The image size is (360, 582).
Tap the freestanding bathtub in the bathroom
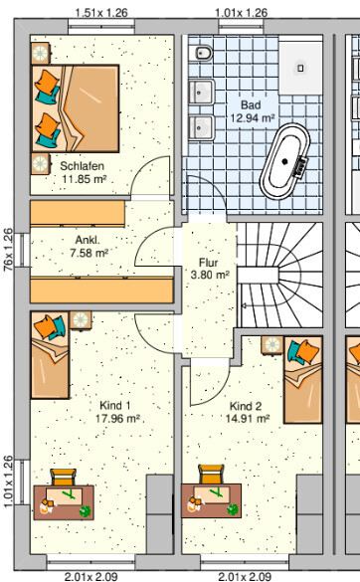click(x=285, y=161)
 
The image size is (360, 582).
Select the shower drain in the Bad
click(x=300, y=68)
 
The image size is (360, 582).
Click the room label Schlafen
click(x=82, y=166)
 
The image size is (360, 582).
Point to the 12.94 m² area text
click(x=253, y=118)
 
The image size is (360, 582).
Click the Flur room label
click(x=208, y=263)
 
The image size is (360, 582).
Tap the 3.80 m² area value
click(x=210, y=275)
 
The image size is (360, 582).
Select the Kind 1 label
click(x=115, y=405)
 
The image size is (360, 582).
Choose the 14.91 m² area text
click(x=248, y=419)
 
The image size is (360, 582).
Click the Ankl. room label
click(x=88, y=240)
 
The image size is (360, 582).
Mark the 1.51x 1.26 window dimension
click(x=101, y=13)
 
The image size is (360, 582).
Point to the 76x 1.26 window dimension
click(x=8, y=250)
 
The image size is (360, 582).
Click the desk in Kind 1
click(x=64, y=502)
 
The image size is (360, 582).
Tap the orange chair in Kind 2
click(x=211, y=475)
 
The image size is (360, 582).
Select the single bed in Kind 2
click(x=303, y=380)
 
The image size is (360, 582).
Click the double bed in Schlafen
click(x=76, y=108)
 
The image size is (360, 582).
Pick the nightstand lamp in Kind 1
click(x=81, y=320)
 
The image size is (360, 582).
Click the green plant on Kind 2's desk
click(x=233, y=509)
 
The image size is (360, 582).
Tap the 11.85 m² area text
click(x=85, y=179)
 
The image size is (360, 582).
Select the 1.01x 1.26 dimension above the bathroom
click(x=242, y=13)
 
